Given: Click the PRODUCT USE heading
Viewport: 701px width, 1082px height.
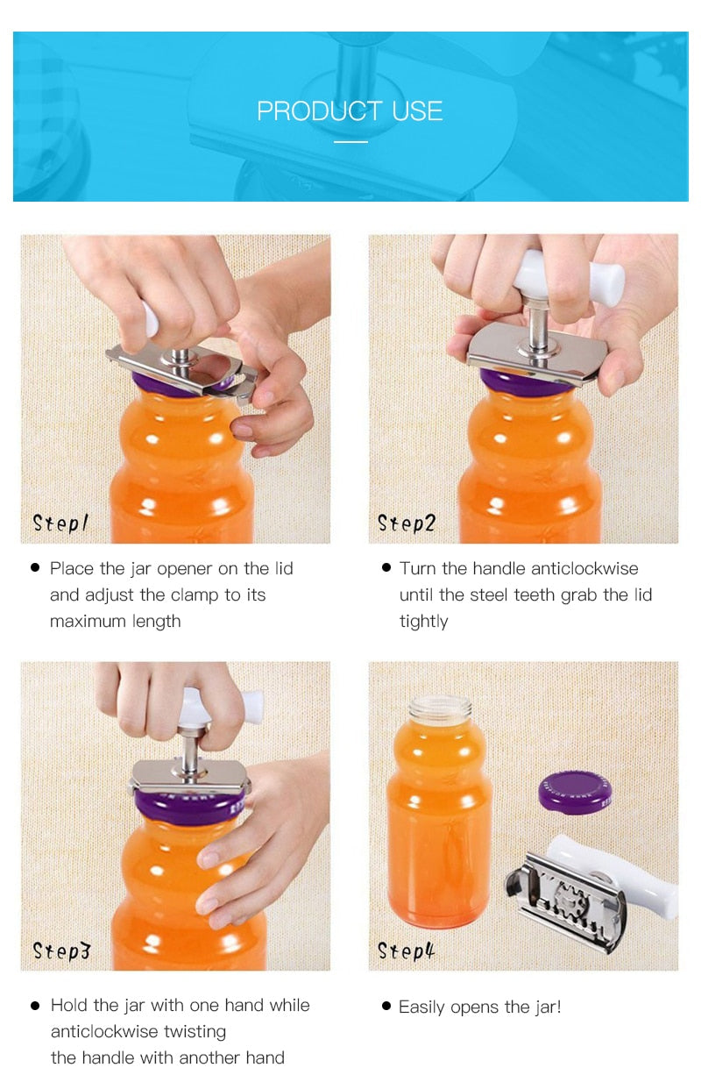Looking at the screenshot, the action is pos(350,111).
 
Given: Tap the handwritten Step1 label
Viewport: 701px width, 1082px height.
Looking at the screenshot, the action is pos(60,523).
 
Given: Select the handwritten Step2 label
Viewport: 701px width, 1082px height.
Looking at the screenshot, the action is pos(407,523).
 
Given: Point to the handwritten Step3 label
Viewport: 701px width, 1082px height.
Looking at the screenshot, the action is pos(61,950).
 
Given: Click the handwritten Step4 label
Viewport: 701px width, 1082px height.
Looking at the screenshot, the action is pos(407,950).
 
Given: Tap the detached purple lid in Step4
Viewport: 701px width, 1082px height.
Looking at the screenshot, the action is pos(575,793).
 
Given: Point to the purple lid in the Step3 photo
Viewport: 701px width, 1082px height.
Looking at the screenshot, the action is pos(189,804).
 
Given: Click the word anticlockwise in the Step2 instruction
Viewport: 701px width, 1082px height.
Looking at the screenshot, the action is pos(556,568).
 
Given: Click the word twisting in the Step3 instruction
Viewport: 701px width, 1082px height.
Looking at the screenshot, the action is pos(195,1032).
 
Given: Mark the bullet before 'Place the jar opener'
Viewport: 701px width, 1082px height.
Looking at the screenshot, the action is pos(35,567).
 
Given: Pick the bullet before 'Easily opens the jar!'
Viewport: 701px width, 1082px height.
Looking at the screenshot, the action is pos(386,1006).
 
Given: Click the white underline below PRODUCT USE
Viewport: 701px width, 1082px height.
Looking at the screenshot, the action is pos(351,142).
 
